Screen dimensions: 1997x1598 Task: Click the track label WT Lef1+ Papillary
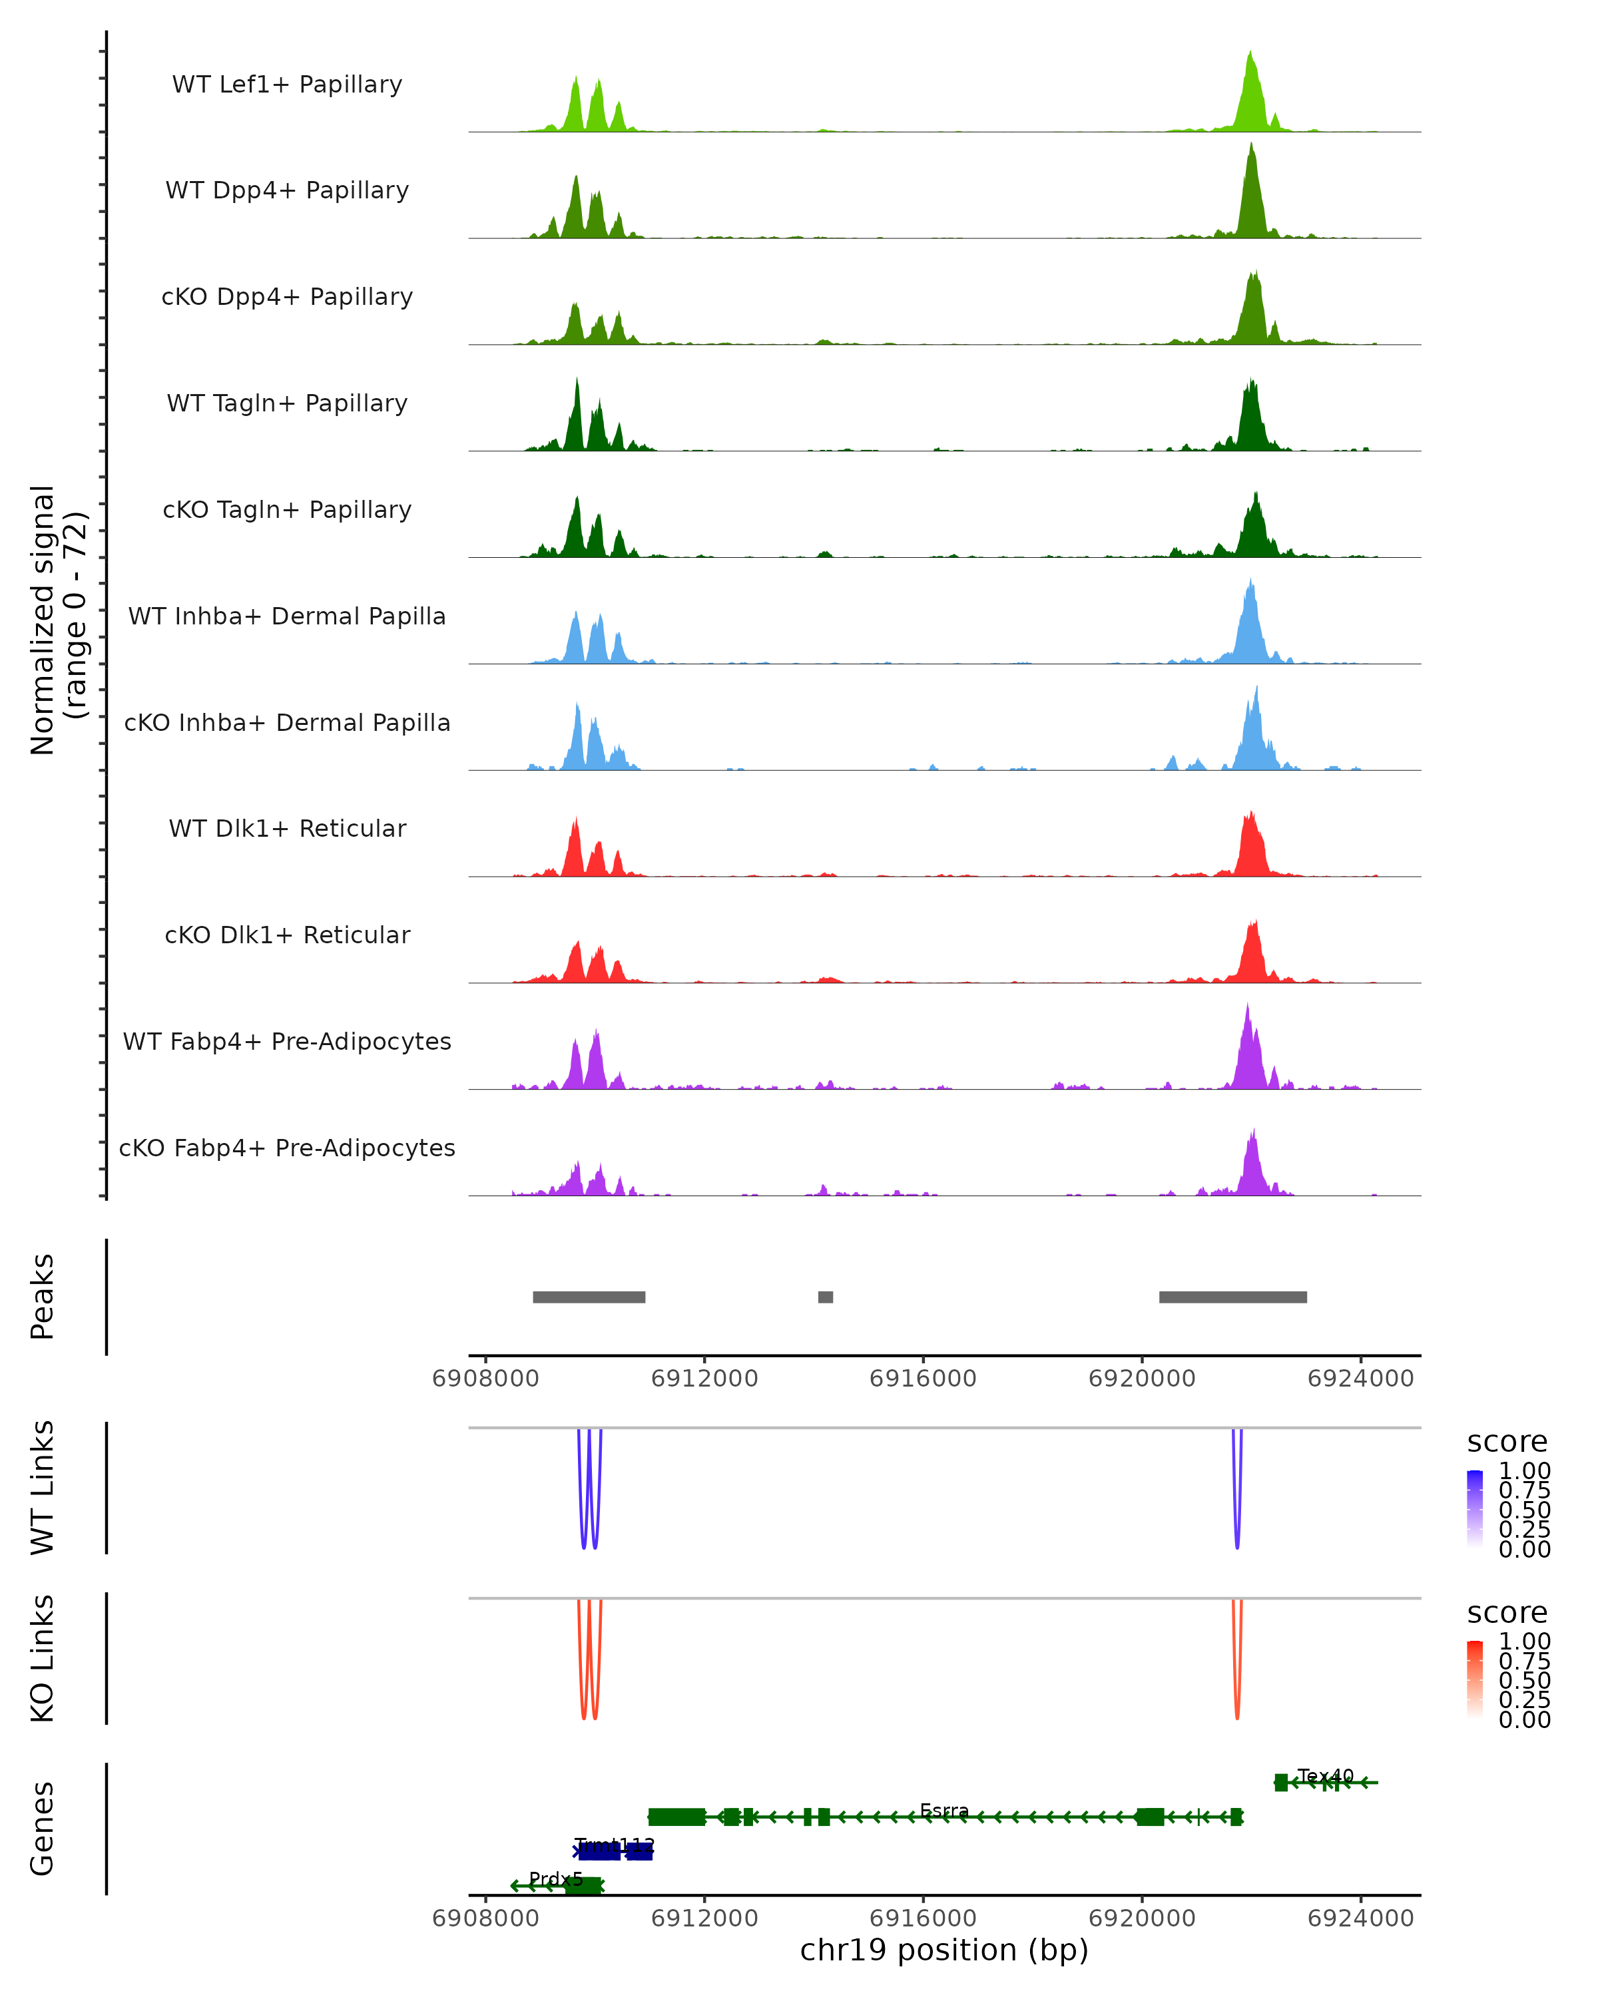tap(287, 85)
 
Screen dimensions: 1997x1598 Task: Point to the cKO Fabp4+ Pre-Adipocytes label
tap(287, 1148)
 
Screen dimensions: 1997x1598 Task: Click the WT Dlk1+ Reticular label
tap(287, 828)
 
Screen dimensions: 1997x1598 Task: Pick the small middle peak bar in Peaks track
tap(826, 1297)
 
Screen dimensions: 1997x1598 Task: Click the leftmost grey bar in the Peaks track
tap(589, 1297)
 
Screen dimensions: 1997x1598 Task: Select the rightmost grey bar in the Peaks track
tap(1233, 1297)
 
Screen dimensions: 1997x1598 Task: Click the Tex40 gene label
tap(1325, 1775)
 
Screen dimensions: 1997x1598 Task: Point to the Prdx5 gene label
tap(556, 1879)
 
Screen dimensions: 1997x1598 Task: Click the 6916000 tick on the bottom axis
tap(923, 1916)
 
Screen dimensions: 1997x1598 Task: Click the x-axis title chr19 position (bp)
tap(944, 1950)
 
